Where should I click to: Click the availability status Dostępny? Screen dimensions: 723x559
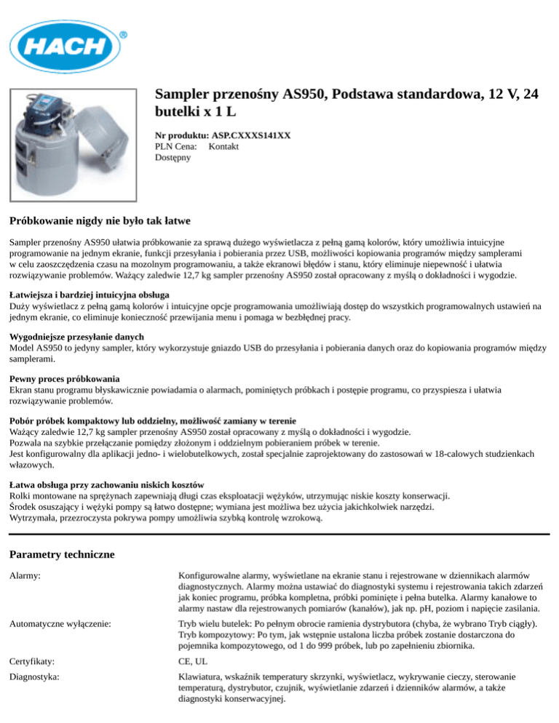coord(173,157)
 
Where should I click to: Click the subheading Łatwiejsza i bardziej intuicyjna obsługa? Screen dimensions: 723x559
coord(90,295)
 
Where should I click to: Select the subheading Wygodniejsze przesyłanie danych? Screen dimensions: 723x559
coord(76,337)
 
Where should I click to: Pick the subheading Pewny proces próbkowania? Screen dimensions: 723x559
coord(65,379)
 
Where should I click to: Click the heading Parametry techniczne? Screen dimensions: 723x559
coord(62,554)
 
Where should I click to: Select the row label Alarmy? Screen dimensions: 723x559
coord(25,575)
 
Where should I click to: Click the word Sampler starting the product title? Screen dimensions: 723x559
coord(183,95)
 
